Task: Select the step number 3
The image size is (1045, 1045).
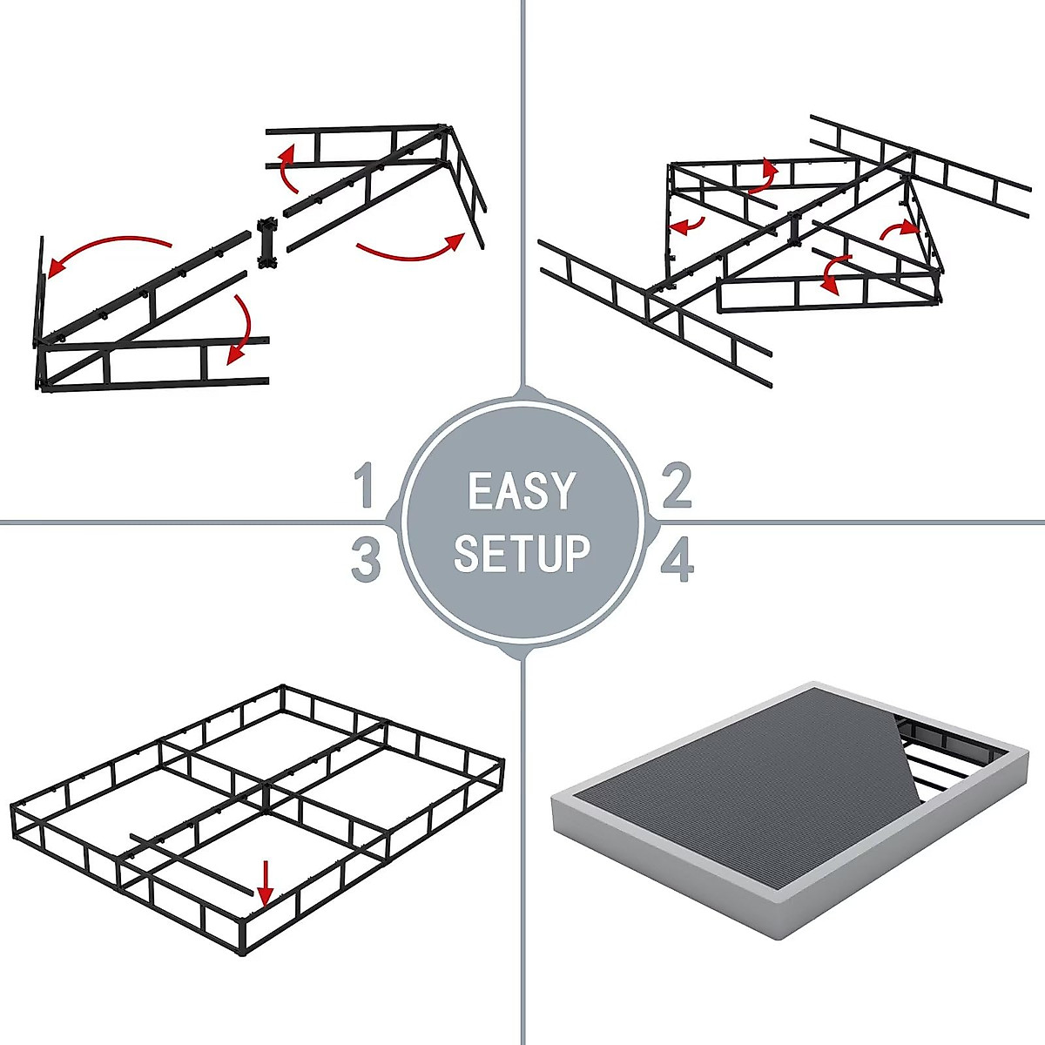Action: tap(366, 559)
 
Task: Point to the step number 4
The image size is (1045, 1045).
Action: tap(677, 559)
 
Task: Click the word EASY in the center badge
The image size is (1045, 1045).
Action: tap(522, 491)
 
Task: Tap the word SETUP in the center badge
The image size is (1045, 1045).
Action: tap(522, 554)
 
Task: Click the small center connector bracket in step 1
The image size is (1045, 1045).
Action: tap(266, 243)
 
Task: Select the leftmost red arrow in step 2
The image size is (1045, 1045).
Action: tap(688, 226)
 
